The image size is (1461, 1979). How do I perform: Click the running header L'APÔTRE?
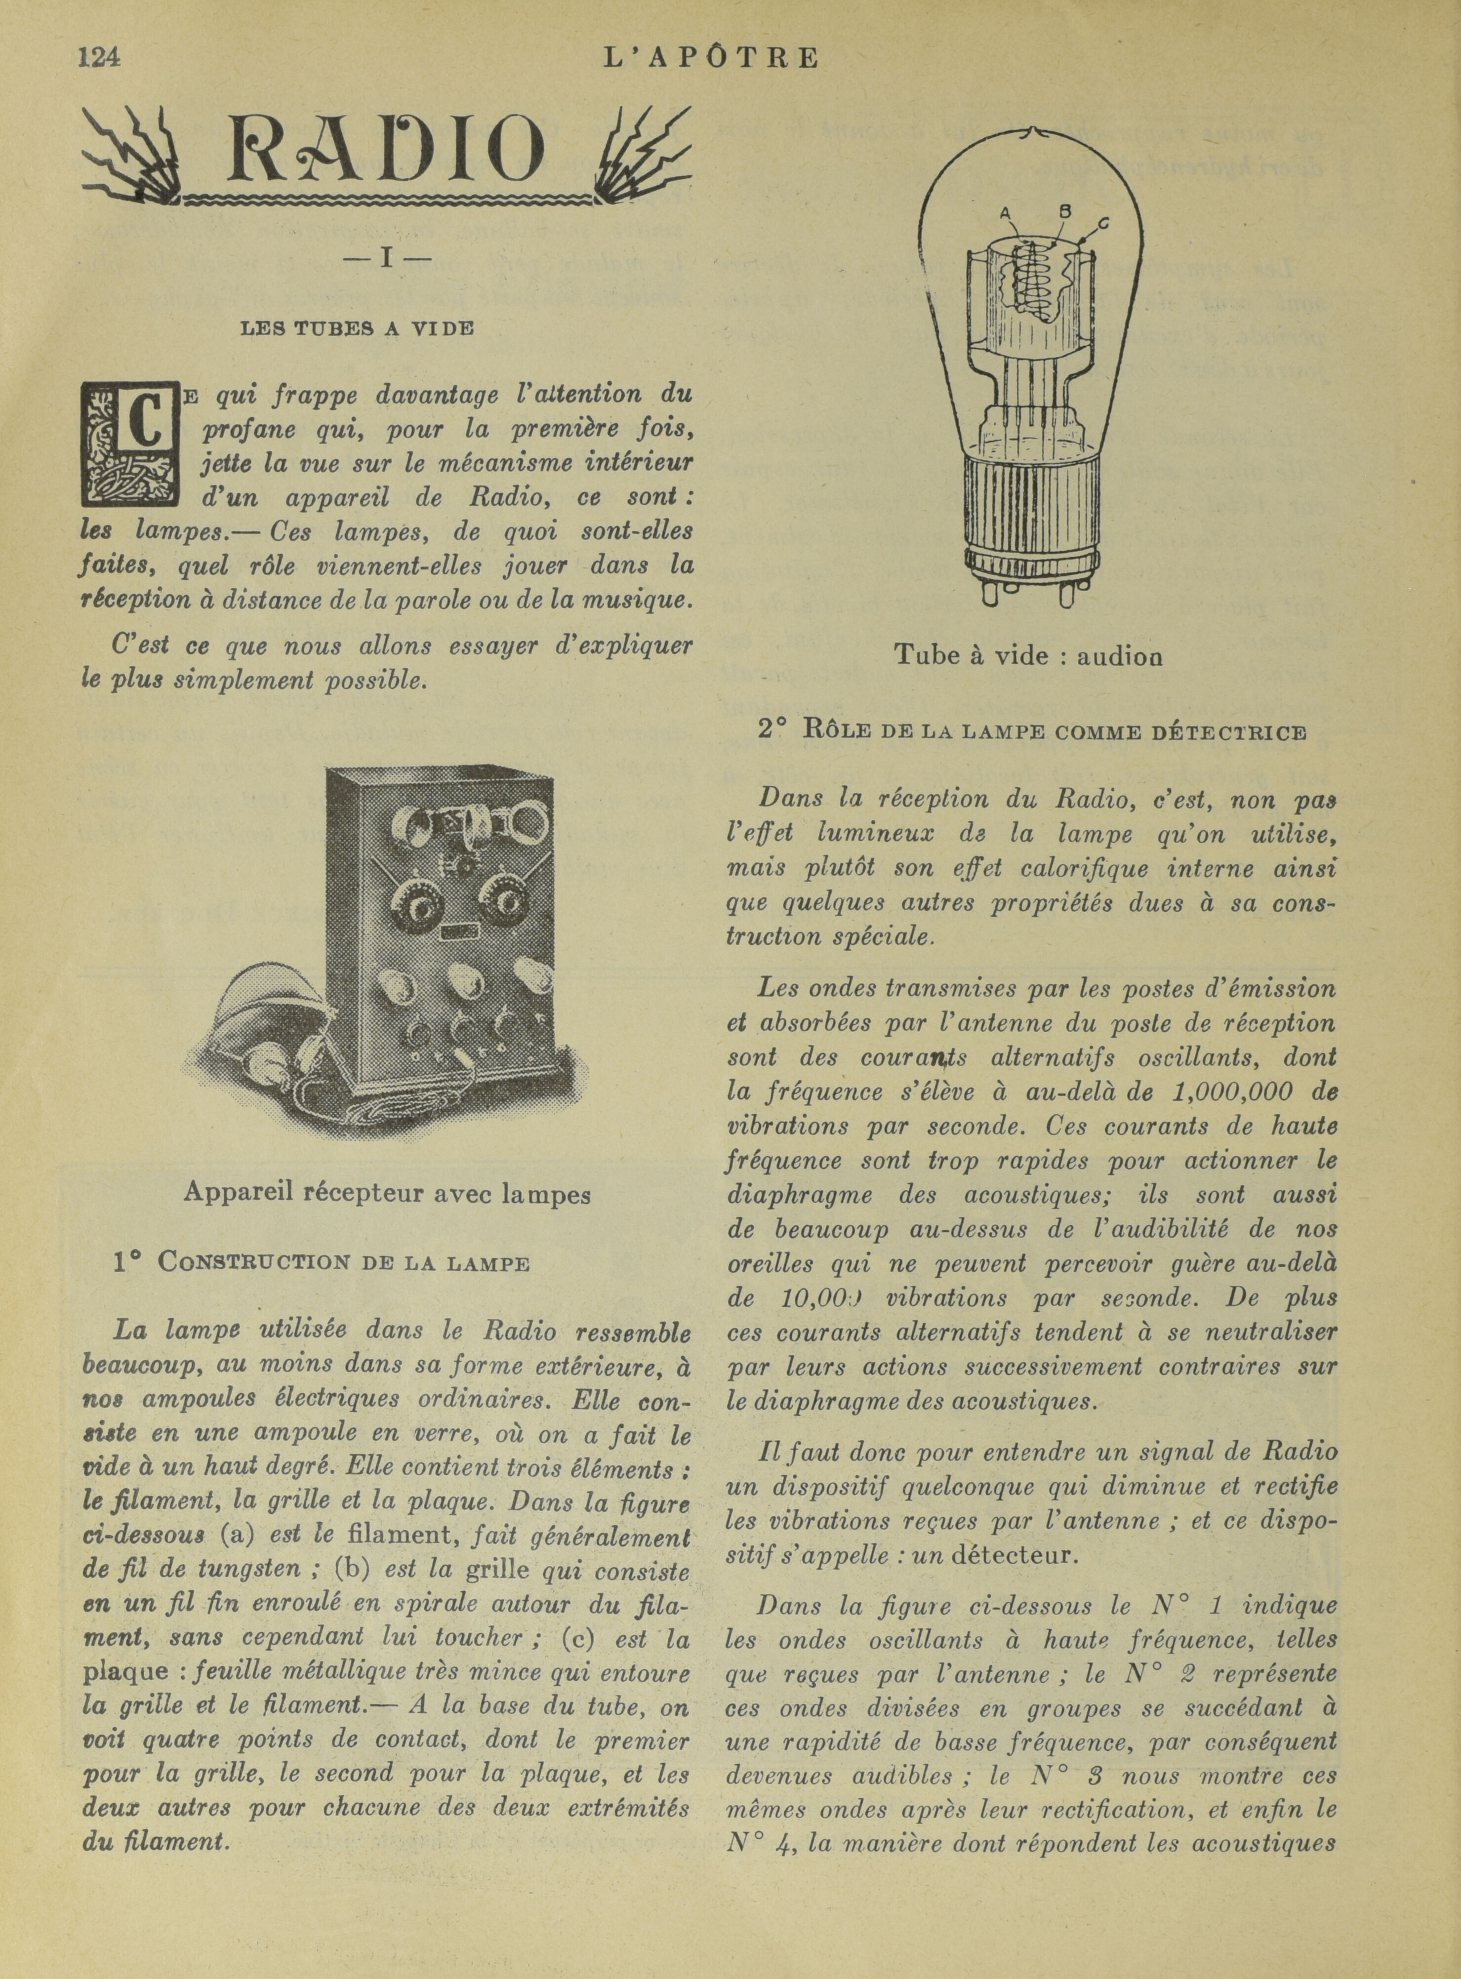click(x=710, y=58)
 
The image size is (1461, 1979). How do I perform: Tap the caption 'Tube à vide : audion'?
click(x=1028, y=655)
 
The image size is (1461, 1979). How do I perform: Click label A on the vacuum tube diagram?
click(x=1005, y=213)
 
